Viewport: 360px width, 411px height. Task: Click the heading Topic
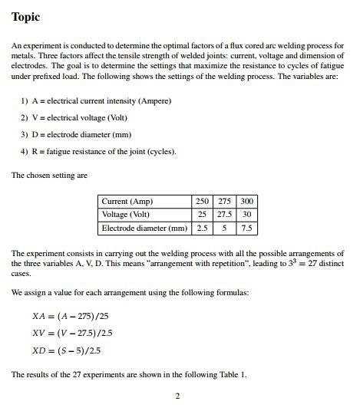[x=25, y=17]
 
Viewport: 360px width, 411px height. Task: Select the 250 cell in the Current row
[x=202, y=201]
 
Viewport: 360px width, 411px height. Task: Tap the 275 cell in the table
[x=224, y=201]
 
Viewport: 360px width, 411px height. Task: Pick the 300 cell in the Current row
[x=246, y=201]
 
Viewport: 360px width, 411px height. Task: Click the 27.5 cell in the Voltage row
[x=224, y=215]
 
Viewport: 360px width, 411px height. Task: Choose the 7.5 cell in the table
[x=246, y=229]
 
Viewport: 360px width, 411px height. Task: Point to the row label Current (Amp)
[x=127, y=201]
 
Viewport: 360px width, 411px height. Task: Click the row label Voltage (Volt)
[x=126, y=215]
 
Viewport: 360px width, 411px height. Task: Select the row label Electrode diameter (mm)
[x=144, y=229]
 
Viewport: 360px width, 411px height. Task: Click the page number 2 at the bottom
[x=177, y=396]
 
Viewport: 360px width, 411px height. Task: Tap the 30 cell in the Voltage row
[x=246, y=215]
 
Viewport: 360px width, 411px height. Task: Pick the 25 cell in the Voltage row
[x=202, y=215]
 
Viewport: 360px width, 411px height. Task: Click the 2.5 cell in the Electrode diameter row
[x=202, y=229]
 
